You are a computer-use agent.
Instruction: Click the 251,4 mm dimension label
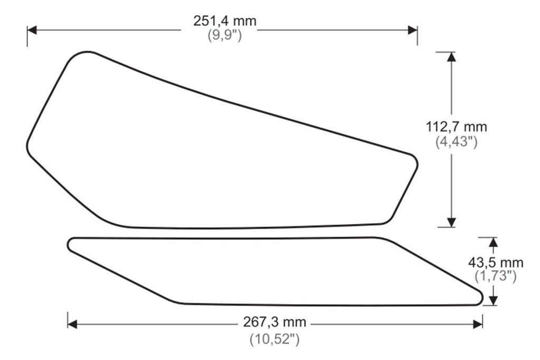click(225, 21)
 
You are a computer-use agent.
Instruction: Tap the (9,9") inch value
click(225, 35)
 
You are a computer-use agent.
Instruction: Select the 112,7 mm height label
click(456, 127)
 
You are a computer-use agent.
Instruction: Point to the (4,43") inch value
click(456, 141)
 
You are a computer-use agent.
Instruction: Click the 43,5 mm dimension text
click(495, 263)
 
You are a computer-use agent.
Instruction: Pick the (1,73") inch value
click(495, 276)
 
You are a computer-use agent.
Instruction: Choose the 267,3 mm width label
click(274, 322)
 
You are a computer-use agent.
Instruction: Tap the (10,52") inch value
click(274, 339)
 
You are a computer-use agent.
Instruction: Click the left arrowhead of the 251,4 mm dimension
click(32, 30)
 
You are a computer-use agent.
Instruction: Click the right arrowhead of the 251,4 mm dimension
click(412, 30)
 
